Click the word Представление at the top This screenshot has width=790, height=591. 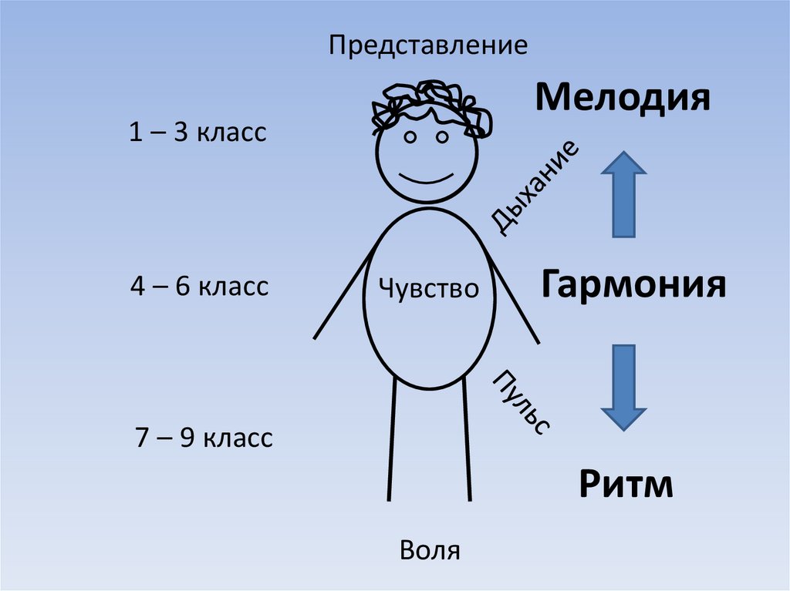pos(428,45)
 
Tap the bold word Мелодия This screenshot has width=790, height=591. pos(622,99)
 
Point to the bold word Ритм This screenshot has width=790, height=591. pos(626,485)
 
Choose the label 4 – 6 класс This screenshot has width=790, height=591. pos(199,287)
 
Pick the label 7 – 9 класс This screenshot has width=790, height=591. pos(204,438)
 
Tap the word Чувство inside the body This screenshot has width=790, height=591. pos(429,289)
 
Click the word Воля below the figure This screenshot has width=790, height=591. pos(430,550)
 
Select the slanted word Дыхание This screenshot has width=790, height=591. pos(535,187)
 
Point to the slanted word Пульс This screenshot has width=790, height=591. pos(522,401)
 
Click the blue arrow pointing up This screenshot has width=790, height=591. pos(623,193)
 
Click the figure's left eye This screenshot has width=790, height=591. pos(410,137)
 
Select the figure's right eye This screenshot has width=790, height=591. pos(443,137)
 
